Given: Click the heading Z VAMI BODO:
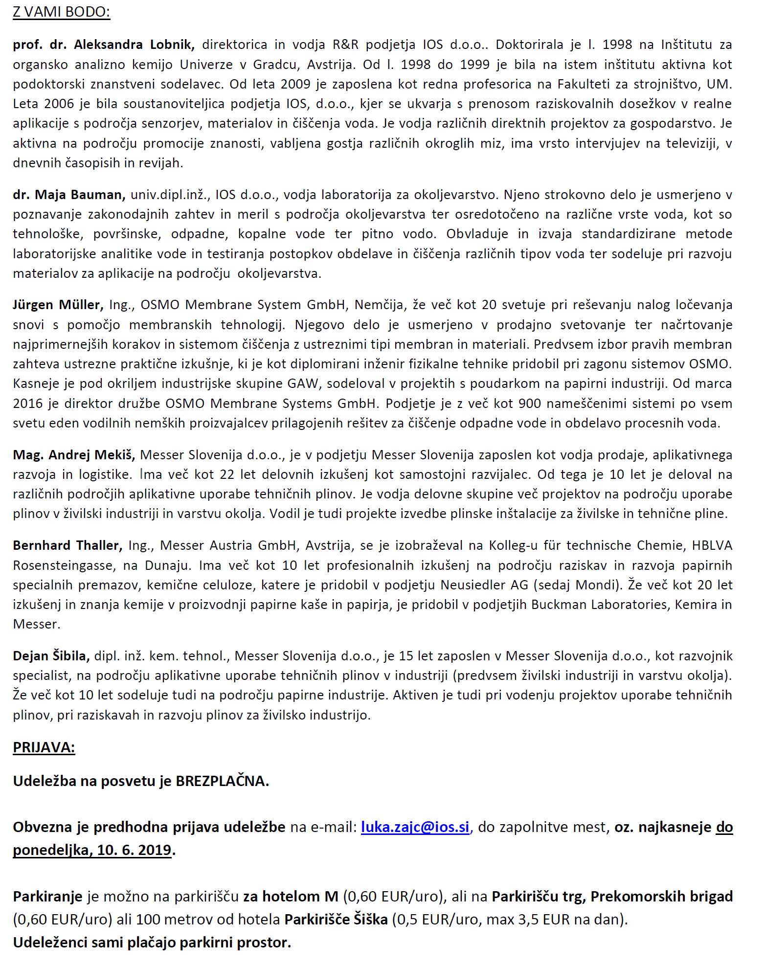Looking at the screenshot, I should click(62, 12).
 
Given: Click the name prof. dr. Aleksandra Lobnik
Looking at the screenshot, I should click(104, 45).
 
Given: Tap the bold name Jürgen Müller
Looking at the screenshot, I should click(58, 305).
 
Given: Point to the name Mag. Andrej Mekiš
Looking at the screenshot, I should click(74, 455).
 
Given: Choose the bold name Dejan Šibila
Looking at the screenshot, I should click(51, 656).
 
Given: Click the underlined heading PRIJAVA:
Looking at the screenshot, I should click(44, 747).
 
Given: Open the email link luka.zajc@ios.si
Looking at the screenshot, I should click(415, 827).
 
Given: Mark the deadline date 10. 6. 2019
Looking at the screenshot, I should click(134, 850).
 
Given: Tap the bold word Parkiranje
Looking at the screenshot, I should click(48, 897).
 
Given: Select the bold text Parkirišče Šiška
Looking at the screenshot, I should click(336, 920).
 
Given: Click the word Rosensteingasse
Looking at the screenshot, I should click(63, 565).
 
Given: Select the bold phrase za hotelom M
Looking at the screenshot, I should click(291, 897).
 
